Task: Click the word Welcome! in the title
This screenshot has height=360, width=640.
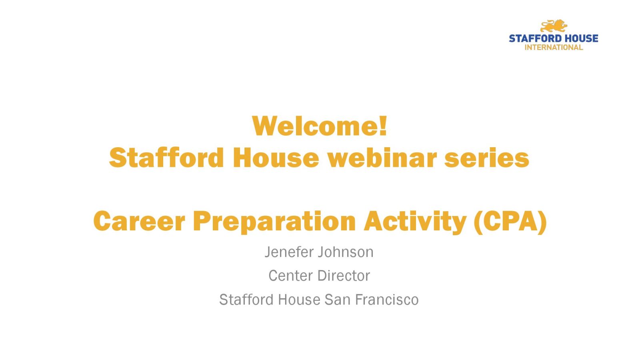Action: pyautogui.click(x=320, y=126)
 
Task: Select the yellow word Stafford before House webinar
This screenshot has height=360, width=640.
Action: pyautogui.click(x=166, y=158)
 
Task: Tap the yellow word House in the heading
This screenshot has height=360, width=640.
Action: pyautogui.click(x=276, y=158)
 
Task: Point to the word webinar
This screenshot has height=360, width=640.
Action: pyautogui.click(x=382, y=158)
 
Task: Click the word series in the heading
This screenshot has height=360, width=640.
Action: pyautogui.click(x=487, y=158)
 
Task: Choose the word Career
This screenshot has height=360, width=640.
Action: pyautogui.click(x=139, y=221)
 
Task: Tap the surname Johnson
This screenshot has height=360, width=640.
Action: pyautogui.click(x=346, y=252)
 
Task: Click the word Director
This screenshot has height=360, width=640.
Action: pyautogui.click(x=344, y=276)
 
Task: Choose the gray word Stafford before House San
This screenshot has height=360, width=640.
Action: pyautogui.click(x=246, y=300)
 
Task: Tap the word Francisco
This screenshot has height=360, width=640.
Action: pyautogui.click(x=387, y=300)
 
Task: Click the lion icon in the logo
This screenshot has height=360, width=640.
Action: pyautogui.click(x=554, y=26)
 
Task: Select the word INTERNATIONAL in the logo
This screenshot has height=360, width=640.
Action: pyautogui.click(x=554, y=48)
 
